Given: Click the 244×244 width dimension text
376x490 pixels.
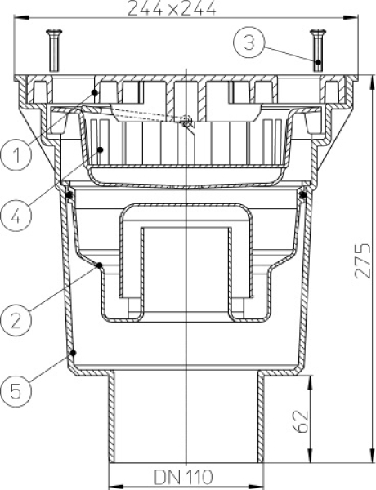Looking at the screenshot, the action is [x=172, y=8].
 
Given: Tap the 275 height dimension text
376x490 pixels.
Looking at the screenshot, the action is [x=363, y=261].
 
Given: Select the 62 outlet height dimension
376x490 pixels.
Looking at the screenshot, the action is [x=302, y=421].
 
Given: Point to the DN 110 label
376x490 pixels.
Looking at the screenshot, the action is [x=183, y=477].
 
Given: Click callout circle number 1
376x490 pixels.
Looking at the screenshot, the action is [x=16, y=154].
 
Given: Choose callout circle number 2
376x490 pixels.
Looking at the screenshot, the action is [x=16, y=320].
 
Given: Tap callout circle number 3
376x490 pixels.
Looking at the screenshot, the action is [x=249, y=42].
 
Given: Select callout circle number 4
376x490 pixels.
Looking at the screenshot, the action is [x=16, y=216].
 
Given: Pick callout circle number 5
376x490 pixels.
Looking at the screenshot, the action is [x=16, y=391].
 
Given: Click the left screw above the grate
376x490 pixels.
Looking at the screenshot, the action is [x=54, y=50].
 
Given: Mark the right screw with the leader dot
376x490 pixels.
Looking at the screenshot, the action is [x=318, y=50].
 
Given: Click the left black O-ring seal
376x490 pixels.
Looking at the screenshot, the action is [x=69, y=196].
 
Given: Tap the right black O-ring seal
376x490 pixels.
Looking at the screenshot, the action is [x=302, y=195].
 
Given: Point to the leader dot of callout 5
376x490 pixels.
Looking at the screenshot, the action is [x=74, y=353].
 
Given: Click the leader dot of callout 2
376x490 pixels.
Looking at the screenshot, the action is [x=100, y=265].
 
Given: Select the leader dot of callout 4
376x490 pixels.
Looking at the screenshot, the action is [x=101, y=149].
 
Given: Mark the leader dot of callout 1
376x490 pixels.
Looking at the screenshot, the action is [x=95, y=92].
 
